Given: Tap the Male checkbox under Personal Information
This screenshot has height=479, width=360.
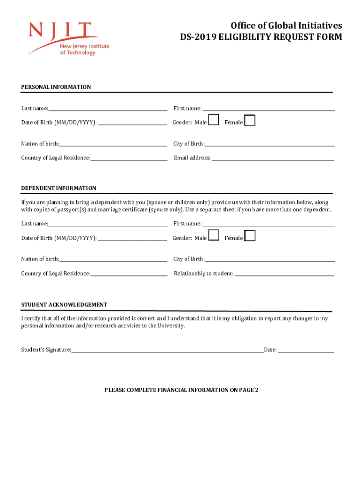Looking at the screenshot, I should [213, 120].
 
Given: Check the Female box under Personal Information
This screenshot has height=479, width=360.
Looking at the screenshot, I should [250, 121].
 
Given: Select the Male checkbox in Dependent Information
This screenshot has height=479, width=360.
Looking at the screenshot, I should [214, 235].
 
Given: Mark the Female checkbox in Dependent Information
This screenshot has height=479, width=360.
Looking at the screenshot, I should [250, 236].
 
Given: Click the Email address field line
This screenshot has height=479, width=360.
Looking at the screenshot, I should [273, 158].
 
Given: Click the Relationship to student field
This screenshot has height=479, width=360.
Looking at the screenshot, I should [284, 273].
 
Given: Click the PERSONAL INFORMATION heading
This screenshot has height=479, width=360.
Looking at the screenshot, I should [56, 87].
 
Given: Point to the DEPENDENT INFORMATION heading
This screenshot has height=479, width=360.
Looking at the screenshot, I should [58, 188].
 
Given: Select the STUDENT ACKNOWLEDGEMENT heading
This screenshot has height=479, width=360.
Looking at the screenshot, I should [64, 305].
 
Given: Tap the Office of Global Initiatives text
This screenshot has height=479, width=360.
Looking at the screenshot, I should [286, 25].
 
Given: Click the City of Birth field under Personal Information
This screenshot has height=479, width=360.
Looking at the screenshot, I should [270, 144].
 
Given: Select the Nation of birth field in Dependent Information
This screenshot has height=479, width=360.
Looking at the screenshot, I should [113, 259].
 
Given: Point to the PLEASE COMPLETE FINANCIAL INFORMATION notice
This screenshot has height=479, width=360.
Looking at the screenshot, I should [181, 390].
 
